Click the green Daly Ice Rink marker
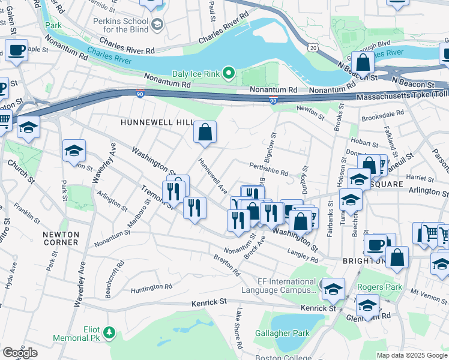coord(228,74)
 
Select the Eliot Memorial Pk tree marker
coord(109,332)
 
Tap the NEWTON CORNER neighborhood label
coord(61,238)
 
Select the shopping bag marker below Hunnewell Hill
coord(205,132)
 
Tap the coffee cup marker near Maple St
coord(17,50)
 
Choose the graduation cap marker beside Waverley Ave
coord(74,151)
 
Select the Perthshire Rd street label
coord(268,171)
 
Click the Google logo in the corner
coord(20,352)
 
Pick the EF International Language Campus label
coord(279,286)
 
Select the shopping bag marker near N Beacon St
coord(363,62)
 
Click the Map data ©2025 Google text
coord(412,355)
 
